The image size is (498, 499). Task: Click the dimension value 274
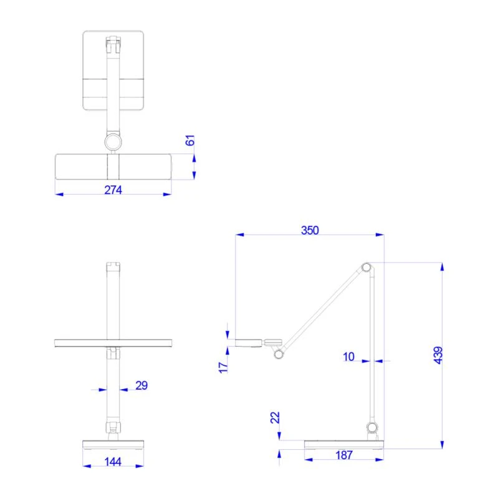tap(113, 189)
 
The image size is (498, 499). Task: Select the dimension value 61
tap(191, 140)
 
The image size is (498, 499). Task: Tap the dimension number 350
tap(310, 230)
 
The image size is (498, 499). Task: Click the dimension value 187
tap(343, 455)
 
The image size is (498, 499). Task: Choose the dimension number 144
tap(113, 462)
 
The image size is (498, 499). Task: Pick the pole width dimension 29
tap(141, 385)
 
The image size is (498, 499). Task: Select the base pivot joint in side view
tap(372, 427)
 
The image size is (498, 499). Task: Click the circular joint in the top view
tap(113, 142)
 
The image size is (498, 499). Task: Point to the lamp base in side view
tap(344, 443)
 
